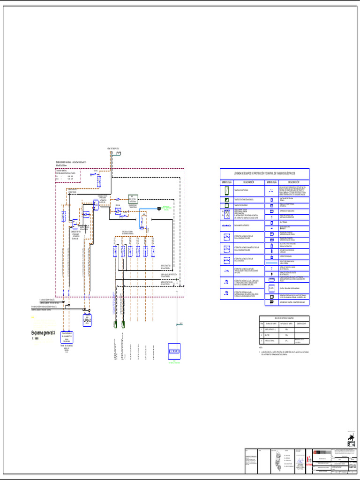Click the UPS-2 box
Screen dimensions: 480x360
[87, 320]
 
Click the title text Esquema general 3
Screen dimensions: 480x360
[43, 333]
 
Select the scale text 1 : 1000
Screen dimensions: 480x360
[35, 338]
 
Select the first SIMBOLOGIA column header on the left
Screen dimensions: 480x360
[226, 182]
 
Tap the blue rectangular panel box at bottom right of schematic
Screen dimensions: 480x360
[174, 351]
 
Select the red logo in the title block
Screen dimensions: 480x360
[309, 461]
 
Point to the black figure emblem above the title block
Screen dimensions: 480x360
[350, 439]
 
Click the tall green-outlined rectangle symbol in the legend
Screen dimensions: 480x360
[226, 190]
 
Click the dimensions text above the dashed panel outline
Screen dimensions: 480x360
[71, 163]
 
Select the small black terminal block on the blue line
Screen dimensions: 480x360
[159, 209]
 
